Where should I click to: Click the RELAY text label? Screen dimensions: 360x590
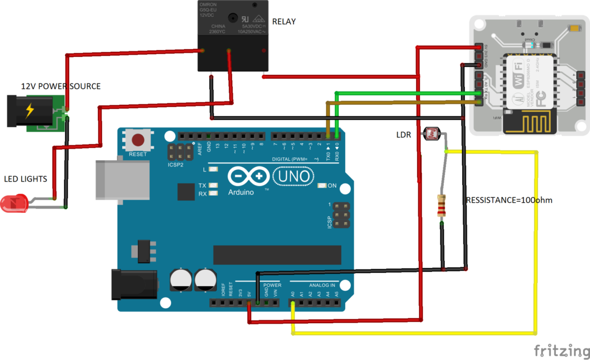click(x=283, y=22)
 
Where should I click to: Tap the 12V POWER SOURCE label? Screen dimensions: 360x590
click(x=60, y=86)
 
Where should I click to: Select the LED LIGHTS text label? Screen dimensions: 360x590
click(x=25, y=179)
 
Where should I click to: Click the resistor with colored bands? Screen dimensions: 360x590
click(x=442, y=206)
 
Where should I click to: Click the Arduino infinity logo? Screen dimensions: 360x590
click(x=248, y=176)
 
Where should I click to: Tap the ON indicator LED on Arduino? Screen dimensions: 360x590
click(x=322, y=185)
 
